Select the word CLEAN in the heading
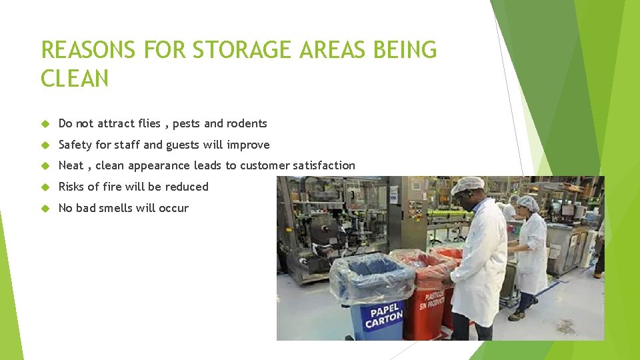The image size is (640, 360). click(75, 79)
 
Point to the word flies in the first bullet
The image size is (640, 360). click(150, 123)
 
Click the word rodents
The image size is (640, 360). click(247, 123)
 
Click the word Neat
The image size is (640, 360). click(71, 165)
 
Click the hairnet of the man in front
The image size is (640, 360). click(467, 185)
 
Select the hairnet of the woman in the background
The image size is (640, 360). click(528, 202)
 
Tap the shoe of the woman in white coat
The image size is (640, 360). click(515, 315)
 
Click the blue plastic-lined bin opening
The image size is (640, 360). click(371, 271)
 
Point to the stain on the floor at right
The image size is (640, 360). click(566, 326)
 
